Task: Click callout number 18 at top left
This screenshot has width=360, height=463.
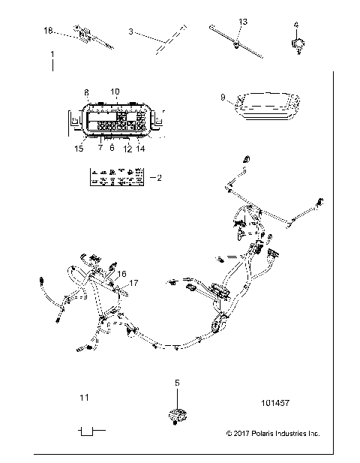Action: click(x=49, y=30)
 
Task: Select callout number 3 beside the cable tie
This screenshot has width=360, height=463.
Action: click(x=130, y=32)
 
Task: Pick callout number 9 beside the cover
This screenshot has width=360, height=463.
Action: click(x=223, y=97)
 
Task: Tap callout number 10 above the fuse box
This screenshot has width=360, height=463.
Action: click(x=115, y=92)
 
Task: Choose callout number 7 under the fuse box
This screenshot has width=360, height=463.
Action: click(x=99, y=148)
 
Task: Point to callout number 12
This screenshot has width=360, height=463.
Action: click(x=127, y=149)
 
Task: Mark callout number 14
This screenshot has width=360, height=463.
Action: click(x=140, y=149)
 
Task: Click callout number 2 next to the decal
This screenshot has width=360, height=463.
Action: click(x=157, y=178)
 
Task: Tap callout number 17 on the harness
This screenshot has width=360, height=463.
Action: click(x=134, y=283)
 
